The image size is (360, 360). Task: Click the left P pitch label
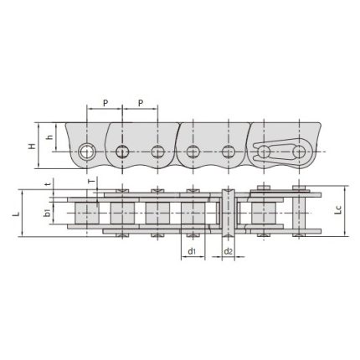point(105,102)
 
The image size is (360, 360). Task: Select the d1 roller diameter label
point(192,251)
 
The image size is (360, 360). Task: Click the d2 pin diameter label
point(228,251)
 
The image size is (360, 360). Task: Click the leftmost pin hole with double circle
point(87,152)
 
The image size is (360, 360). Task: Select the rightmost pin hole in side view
point(298,152)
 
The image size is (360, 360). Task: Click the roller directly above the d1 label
point(192,213)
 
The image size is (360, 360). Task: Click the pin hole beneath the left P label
point(122,152)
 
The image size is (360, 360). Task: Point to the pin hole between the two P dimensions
point(122,152)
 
